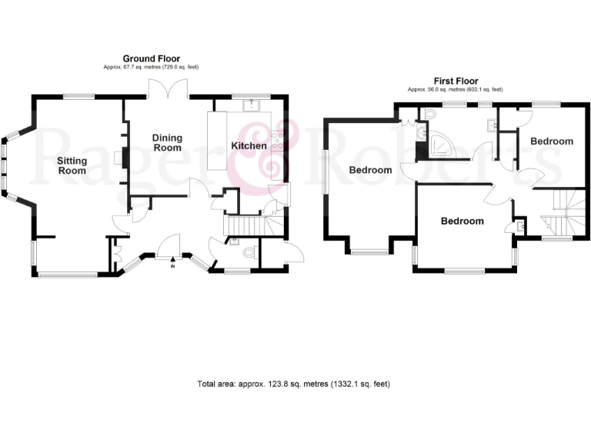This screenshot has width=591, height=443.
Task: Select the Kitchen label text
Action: pyautogui.click(x=249, y=146)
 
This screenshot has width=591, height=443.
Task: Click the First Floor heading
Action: pyautogui.click(x=456, y=81)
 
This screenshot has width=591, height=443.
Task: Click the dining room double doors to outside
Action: pyautogui.click(x=168, y=92)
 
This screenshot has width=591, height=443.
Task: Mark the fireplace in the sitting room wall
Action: pyautogui.click(x=119, y=158)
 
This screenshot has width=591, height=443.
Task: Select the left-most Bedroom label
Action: pyautogui.click(x=371, y=170)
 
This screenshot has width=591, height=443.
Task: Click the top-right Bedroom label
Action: pyautogui.click(x=551, y=142)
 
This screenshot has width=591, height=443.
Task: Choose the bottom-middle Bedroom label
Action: pyautogui.click(x=462, y=221)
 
